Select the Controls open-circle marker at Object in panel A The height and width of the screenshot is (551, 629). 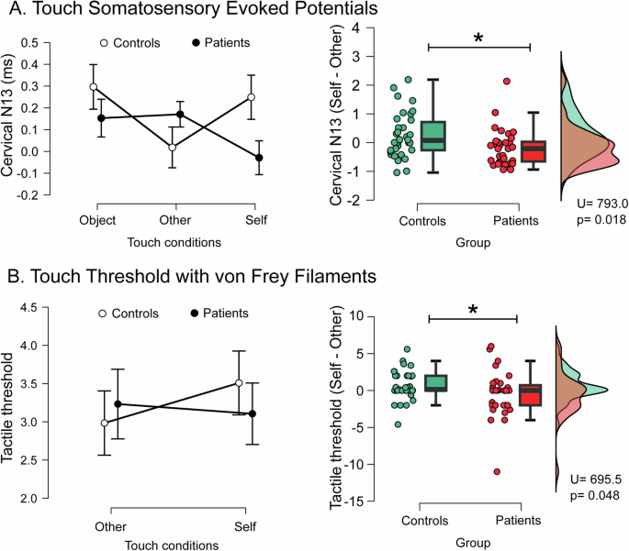(x=94, y=87)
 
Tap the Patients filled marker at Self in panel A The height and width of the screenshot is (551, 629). (x=259, y=158)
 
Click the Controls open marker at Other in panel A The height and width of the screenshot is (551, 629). (x=173, y=147)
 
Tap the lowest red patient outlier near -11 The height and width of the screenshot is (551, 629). (x=496, y=471)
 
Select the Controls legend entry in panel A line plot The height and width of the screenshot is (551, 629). (x=132, y=43)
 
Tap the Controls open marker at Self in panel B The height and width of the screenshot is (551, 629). (x=240, y=382)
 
